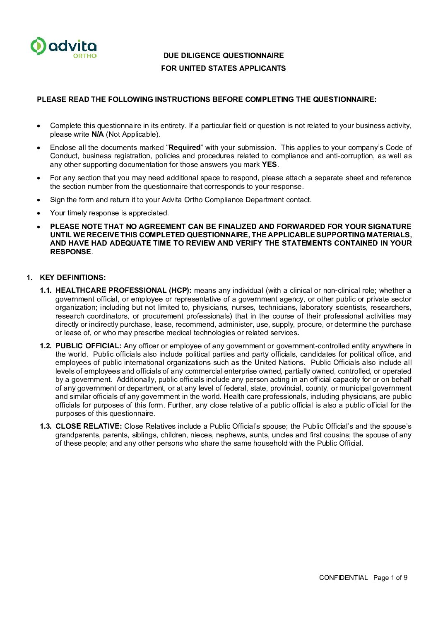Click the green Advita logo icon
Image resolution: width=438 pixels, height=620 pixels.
38,46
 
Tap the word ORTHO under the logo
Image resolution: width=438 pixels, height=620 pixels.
85,56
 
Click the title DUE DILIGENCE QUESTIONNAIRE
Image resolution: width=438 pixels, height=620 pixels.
224,55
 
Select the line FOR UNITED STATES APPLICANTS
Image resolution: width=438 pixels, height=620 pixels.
224,68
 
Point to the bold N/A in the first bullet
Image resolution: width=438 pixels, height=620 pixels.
98,134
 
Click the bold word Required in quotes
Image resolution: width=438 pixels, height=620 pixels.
185,147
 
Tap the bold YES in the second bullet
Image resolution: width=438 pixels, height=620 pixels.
269,164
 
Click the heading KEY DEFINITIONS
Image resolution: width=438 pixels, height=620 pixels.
73,277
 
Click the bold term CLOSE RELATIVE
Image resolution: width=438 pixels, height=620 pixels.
89,426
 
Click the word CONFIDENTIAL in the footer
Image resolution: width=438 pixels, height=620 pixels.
343,577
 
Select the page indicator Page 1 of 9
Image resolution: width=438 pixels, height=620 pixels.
390,577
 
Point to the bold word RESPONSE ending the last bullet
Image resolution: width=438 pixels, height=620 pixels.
70,252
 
